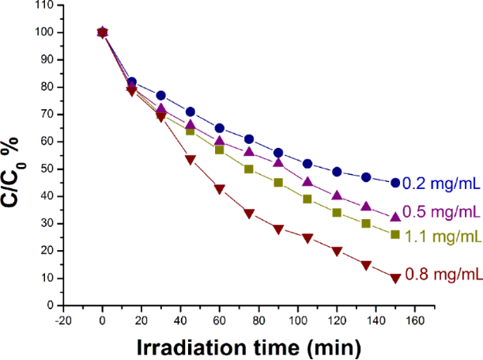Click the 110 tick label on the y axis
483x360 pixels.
[x=51, y=6]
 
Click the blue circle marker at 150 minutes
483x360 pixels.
[x=395, y=183]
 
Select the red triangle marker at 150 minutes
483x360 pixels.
[x=395, y=278]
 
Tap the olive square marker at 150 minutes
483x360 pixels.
[x=395, y=234]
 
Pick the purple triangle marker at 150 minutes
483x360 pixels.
[x=395, y=217]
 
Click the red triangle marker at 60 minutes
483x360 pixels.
[x=220, y=188]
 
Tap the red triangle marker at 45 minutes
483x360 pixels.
[x=191, y=159]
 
